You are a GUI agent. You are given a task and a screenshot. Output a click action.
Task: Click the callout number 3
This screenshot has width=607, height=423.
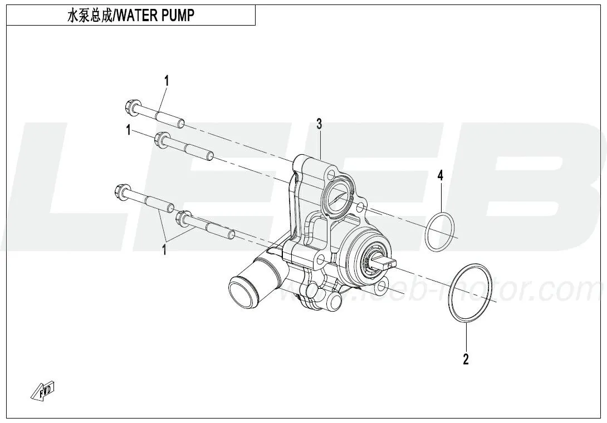pyautogui.click(x=319, y=124)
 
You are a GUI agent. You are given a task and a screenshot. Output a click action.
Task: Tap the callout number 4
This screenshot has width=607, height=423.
pyautogui.click(x=440, y=176)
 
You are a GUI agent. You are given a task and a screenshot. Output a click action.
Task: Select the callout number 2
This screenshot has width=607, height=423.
pyautogui.click(x=466, y=359)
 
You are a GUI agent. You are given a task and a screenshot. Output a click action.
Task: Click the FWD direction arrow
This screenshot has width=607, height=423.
pyautogui.click(x=42, y=390)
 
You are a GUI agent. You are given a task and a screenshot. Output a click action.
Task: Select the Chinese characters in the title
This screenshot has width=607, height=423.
pyautogui.click(x=90, y=16)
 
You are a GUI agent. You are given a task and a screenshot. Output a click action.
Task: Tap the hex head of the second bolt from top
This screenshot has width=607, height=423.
pyautogui.click(x=160, y=139)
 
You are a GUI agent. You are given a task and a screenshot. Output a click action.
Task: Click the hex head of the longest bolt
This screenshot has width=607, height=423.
pyautogui.click(x=121, y=191)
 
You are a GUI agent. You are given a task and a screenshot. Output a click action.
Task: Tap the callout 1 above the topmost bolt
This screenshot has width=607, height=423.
pyautogui.click(x=167, y=81)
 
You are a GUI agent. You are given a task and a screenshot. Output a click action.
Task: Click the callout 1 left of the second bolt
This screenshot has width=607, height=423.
pyautogui.click(x=129, y=130)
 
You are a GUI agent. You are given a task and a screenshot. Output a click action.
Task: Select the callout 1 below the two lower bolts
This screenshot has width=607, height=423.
pyautogui.click(x=164, y=249)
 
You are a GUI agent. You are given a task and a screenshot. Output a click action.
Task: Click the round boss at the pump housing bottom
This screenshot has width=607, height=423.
pyautogui.click(x=332, y=299)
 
